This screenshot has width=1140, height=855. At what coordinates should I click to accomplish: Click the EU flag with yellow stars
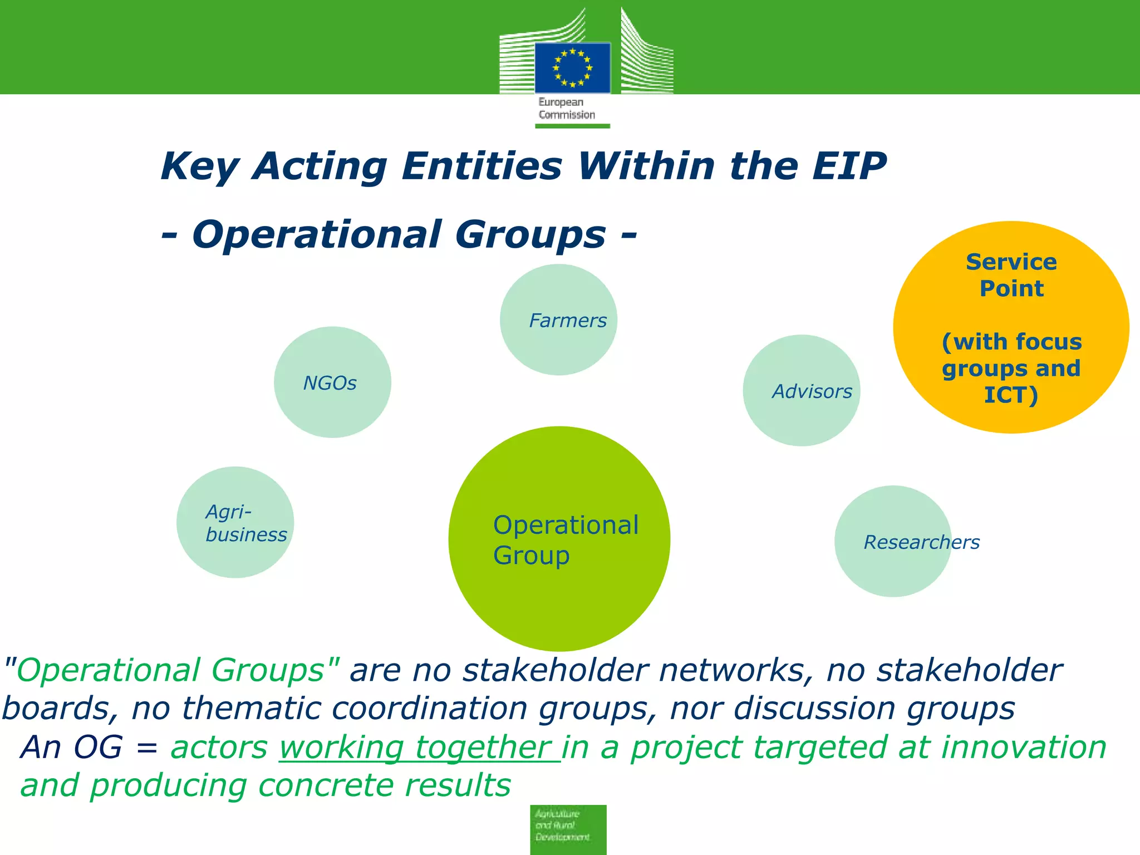[572, 68]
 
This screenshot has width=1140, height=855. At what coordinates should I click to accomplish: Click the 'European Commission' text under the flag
[566, 109]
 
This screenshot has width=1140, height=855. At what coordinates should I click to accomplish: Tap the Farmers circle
[558, 320]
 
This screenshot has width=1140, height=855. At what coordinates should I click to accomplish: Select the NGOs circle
[332, 382]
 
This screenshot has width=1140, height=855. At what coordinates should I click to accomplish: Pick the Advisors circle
[802, 390]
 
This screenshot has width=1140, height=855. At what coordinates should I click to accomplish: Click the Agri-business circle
[235, 522]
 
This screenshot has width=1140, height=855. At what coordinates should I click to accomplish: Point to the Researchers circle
[893, 542]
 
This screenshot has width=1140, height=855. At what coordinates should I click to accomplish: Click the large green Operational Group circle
[559, 539]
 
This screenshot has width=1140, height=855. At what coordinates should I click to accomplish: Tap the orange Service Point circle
[1011, 327]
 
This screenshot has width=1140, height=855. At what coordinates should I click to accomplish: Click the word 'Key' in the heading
[200, 167]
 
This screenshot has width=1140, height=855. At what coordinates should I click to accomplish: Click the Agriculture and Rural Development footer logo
[568, 829]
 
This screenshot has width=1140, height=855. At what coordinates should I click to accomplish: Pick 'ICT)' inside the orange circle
[1011, 395]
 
